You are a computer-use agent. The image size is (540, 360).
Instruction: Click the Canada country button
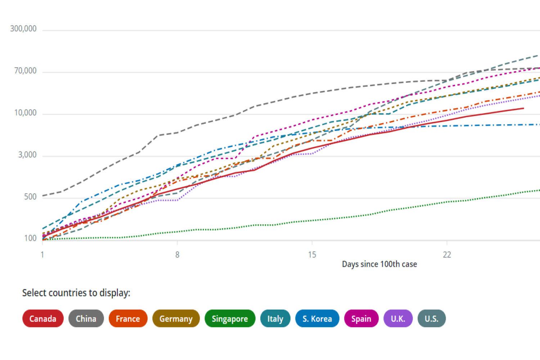[x=43, y=319]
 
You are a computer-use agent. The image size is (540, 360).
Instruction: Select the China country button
[x=86, y=319]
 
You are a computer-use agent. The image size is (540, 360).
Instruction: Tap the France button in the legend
[x=128, y=319]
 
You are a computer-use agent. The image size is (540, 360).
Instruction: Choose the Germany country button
[x=176, y=319]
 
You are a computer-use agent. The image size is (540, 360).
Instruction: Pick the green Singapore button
[x=230, y=319]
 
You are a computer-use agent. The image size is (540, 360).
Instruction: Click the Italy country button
[x=275, y=319]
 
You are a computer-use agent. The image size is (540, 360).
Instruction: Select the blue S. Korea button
[x=317, y=319]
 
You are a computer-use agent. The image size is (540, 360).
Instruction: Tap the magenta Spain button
[x=361, y=319]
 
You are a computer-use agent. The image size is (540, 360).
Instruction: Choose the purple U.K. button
[x=398, y=319]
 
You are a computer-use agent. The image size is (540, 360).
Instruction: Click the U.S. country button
[x=432, y=319]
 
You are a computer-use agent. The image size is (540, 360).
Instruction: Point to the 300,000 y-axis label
[x=23, y=29]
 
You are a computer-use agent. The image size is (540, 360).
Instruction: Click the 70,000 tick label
[x=25, y=71]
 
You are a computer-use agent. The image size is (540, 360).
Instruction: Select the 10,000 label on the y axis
[x=25, y=113]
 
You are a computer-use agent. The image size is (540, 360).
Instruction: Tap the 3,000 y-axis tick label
[x=27, y=154]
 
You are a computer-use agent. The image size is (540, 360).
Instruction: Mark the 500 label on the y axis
[x=30, y=197]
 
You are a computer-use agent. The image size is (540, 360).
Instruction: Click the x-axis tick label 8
[x=177, y=255]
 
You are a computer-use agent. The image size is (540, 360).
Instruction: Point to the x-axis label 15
[x=312, y=255]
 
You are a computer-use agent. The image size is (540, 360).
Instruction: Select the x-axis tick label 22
[x=447, y=255]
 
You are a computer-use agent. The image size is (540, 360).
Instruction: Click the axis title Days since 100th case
[x=379, y=264]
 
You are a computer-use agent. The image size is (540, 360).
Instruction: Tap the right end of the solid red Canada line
[x=523, y=108]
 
